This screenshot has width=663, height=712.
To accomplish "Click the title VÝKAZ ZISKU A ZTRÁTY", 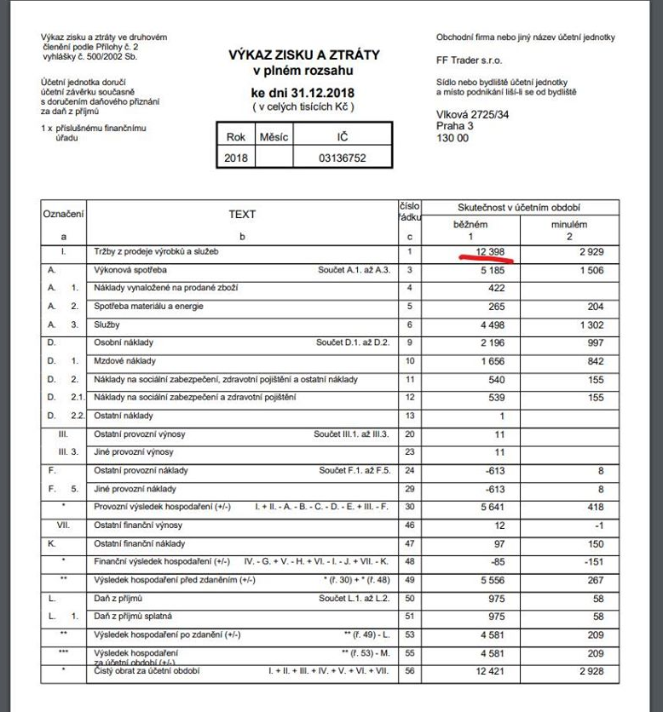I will click(x=303, y=55).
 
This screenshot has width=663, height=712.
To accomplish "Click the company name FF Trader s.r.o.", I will click(x=464, y=60).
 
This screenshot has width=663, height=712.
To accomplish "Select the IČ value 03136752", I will click(x=342, y=158).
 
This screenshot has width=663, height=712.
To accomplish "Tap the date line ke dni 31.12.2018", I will click(x=303, y=92).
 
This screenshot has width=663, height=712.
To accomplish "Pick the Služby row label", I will click(x=106, y=324).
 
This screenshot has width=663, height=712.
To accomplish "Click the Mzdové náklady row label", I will click(x=120, y=360).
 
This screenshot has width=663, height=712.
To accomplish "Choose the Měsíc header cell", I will click(x=274, y=136).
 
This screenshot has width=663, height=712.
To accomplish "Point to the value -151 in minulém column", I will click(x=589, y=561).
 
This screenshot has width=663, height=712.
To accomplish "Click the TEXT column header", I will click(x=242, y=215).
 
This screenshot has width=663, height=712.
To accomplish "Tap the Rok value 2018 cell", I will click(x=234, y=158).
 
